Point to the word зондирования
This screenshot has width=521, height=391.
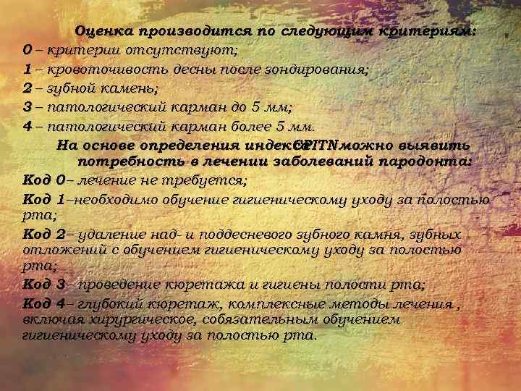[x=325, y=70]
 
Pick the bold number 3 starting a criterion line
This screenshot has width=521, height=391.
[x=27, y=107]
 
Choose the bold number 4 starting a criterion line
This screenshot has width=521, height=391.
[x=27, y=126]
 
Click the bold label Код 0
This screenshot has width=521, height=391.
[x=44, y=180]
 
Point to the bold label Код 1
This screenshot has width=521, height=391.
[x=44, y=199]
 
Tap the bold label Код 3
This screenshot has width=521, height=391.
[x=44, y=283]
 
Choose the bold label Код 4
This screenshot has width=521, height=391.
[x=44, y=303]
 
